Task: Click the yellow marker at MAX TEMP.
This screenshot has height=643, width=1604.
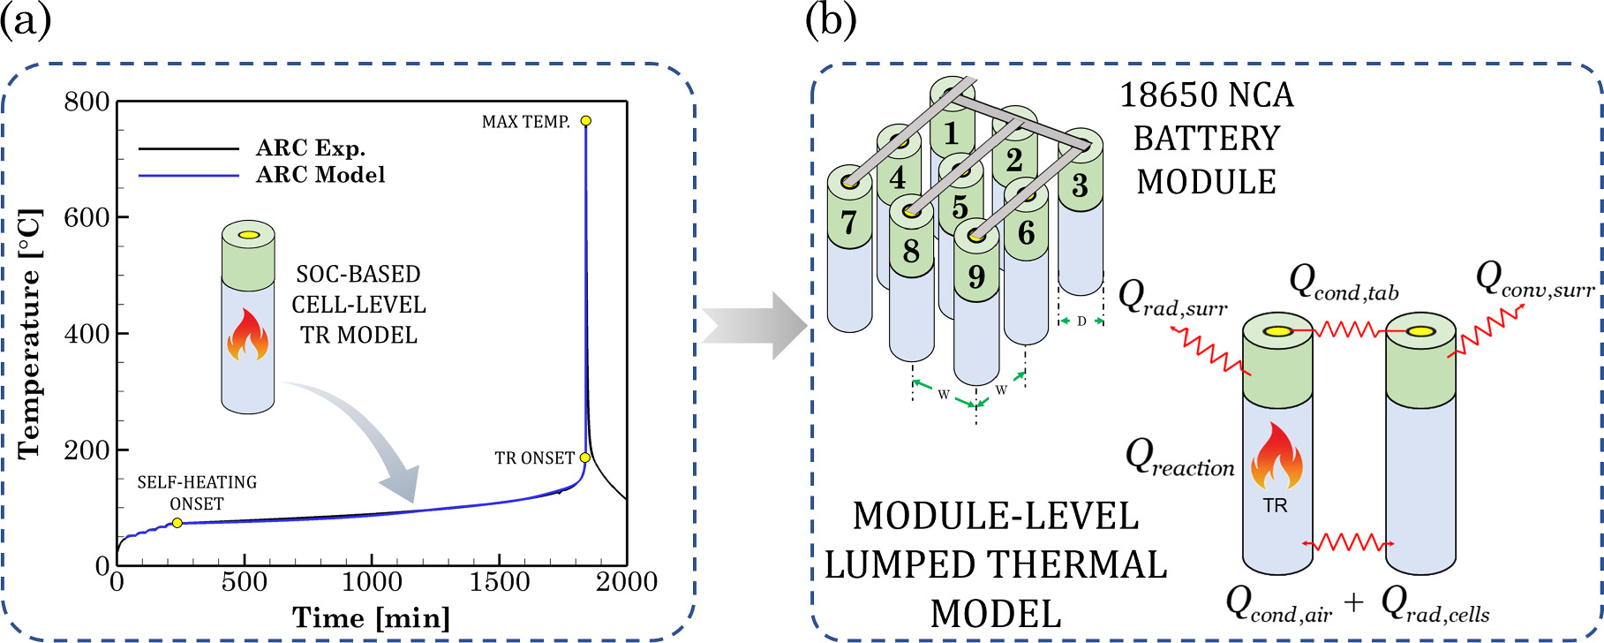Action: (x=585, y=121)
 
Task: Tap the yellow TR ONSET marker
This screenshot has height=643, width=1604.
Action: (x=584, y=458)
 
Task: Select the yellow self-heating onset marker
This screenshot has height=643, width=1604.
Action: (x=177, y=523)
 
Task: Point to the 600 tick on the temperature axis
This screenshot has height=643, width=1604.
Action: (x=87, y=217)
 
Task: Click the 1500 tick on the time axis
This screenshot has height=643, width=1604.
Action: (x=499, y=582)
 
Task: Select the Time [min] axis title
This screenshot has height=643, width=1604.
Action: (x=371, y=617)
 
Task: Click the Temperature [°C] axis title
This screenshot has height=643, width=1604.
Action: (x=30, y=334)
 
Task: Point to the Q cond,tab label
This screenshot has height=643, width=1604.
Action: (x=1344, y=283)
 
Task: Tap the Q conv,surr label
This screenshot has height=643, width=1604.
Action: (x=1533, y=280)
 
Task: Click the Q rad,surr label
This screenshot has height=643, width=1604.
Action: (x=1172, y=299)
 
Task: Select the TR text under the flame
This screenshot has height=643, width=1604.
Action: (x=1276, y=506)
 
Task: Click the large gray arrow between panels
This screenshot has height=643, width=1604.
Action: (x=755, y=326)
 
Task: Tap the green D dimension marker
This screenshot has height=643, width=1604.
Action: (x=1081, y=321)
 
